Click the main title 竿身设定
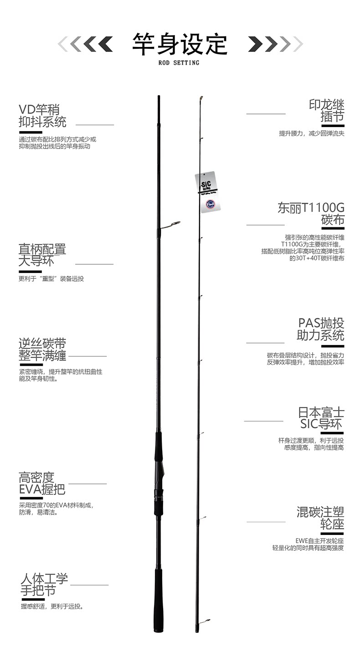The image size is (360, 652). [180, 44]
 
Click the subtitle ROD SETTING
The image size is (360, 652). [179, 63]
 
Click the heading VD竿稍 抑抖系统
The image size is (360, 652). [42, 116]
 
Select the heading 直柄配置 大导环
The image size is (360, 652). [42, 255]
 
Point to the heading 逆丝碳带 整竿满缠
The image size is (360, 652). [42, 349]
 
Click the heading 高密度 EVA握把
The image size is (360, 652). [42, 483]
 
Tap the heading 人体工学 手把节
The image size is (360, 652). [44, 585]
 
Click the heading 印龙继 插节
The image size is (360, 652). [326, 111]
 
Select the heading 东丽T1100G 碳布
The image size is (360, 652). [311, 214]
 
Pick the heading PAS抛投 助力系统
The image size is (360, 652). [320, 329]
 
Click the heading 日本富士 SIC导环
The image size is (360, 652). [321, 418]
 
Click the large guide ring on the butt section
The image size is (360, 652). [173, 224]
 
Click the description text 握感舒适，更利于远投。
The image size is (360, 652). [52, 606]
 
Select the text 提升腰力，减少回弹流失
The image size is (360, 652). [312, 133]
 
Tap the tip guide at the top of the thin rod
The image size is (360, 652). [201, 98]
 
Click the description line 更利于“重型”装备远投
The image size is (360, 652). [51, 279]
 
